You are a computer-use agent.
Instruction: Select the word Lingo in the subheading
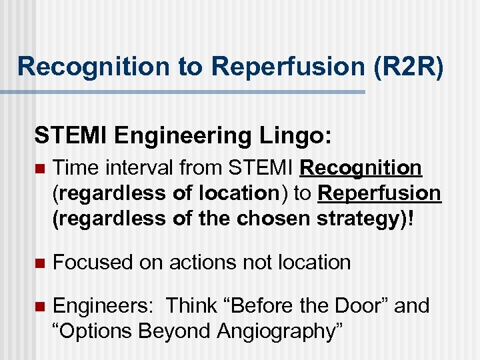(297, 136)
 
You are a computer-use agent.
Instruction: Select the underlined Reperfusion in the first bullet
(380, 193)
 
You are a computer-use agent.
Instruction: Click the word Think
(191, 306)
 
